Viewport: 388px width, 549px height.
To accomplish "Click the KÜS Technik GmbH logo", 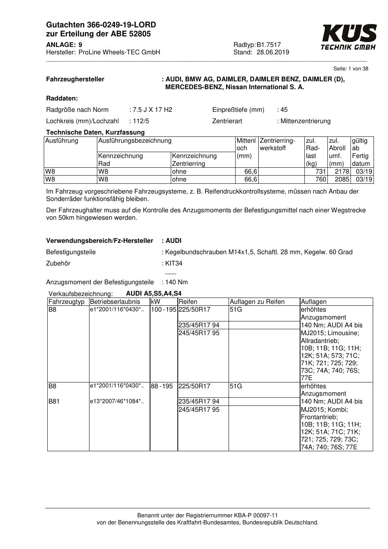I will [349, 37].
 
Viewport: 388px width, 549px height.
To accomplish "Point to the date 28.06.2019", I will [273, 52].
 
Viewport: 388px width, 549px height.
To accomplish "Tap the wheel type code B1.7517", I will [269, 45].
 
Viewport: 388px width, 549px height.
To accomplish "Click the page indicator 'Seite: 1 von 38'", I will [350, 69].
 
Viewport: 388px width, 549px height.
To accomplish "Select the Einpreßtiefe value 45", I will [284, 110].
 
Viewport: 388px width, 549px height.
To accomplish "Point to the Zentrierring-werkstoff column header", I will [278, 144].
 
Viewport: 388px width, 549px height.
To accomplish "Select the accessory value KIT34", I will [174, 264].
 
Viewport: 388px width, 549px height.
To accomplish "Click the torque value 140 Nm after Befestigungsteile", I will [177, 282].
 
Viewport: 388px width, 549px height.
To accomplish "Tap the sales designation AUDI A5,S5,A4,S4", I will [154, 294].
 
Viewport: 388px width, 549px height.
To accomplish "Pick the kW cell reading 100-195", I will [164, 310].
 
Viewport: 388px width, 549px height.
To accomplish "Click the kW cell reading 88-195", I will [162, 386].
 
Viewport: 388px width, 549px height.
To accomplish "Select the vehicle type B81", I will [54, 401].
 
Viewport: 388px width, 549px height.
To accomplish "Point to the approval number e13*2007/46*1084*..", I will [117, 401].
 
